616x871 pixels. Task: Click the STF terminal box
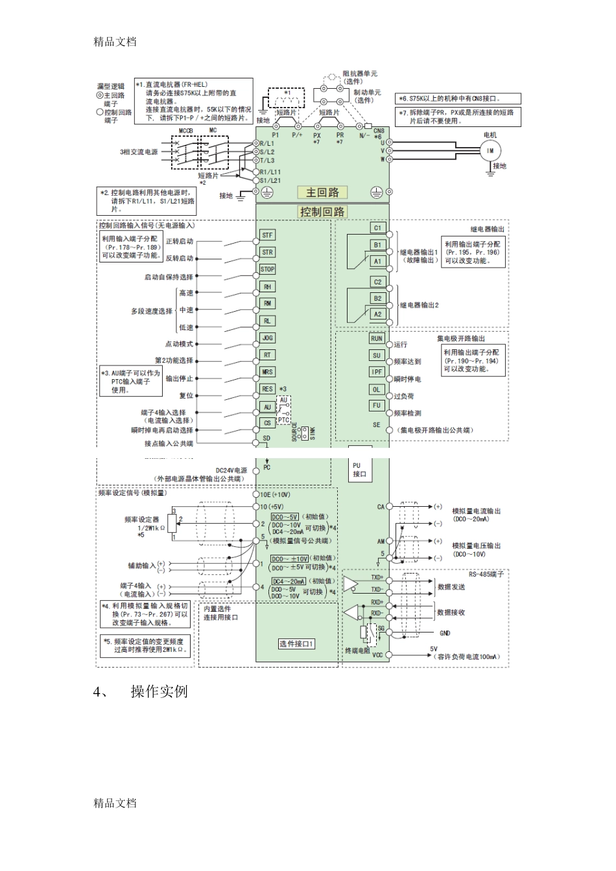[x=267, y=235]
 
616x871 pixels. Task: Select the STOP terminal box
[x=267, y=269]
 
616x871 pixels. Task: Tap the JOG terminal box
[x=267, y=338]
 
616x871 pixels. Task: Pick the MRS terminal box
[x=267, y=372]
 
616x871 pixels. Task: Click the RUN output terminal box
[x=377, y=338]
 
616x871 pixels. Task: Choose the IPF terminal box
[x=377, y=372]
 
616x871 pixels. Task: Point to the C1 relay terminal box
[x=377, y=227]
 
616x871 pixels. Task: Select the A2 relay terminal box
[x=377, y=314]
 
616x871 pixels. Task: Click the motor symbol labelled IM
[x=490, y=150]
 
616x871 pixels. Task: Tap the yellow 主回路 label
[x=322, y=192]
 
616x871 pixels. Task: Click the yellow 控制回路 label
[x=322, y=212]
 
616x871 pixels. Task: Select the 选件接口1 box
[x=297, y=644]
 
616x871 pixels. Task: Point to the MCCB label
[x=185, y=130]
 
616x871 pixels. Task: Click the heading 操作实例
[x=159, y=691]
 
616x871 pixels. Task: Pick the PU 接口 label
[x=359, y=470]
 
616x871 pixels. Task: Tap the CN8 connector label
[x=379, y=130]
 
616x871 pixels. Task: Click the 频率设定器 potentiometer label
[x=141, y=520]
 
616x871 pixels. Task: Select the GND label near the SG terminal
[x=445, y=633]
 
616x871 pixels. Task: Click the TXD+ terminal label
[x=377, y=577]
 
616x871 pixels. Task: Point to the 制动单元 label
[x=367, y=93]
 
